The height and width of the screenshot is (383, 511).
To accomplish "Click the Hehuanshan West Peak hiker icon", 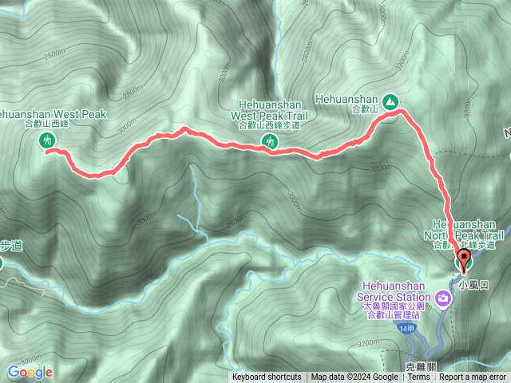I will pos(49,141).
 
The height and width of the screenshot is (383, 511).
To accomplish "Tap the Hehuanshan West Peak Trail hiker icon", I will pos(269,142).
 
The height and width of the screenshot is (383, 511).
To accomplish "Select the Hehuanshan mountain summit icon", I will pos(390,101).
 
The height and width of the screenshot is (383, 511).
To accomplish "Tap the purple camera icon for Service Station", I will pos(442,298).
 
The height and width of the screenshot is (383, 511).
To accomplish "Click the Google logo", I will pos(30,372).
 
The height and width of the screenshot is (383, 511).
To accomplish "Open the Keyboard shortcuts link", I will pos(267,377).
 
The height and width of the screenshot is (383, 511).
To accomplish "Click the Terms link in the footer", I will pos(418,377).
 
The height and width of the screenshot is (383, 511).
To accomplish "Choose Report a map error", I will pos(474,377).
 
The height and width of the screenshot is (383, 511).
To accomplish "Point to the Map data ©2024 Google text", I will pos(355,377).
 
